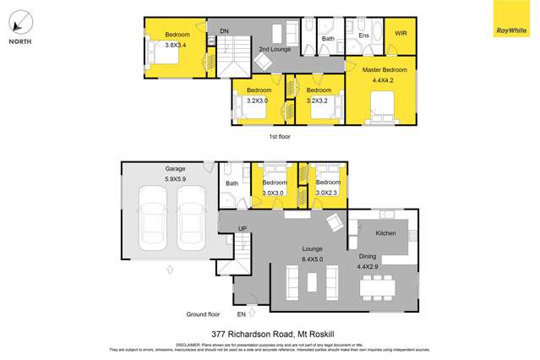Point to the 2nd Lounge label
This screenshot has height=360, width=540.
[x=275, y=49]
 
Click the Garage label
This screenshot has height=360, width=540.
[x=176, y=169]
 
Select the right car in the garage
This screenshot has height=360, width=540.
[x=191, y=223]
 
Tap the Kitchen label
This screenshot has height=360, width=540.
[x=385, y=232]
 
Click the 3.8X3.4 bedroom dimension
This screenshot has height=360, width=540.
[x=177, y=44]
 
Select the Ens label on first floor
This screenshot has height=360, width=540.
[x=364, y=36]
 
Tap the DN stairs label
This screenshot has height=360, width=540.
[x=224, y=31]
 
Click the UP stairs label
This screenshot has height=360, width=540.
[x=242, y=229]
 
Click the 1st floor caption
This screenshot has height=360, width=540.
[x=281, y=135]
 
